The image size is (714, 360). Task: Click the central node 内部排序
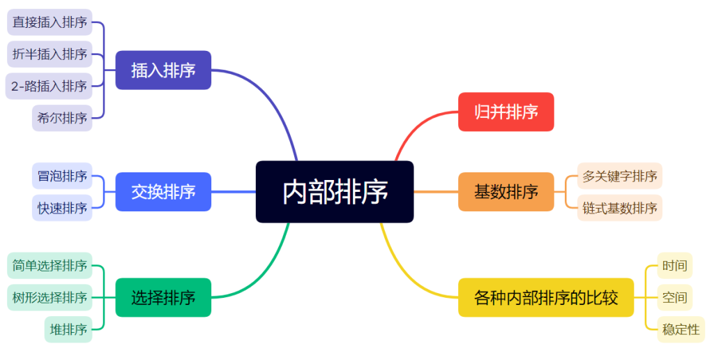(335, 192)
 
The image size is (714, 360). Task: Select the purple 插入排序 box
(163, 70)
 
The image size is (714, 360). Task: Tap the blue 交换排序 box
(163, 192)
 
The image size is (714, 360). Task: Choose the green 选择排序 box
(163, 298)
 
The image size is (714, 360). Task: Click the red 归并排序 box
(506, 112)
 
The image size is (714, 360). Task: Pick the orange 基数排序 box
(506, 192)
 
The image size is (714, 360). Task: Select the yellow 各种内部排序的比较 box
(546, 298)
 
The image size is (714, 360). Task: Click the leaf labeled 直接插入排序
(50, 22)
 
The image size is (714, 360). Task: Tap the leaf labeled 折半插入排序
(50, 54)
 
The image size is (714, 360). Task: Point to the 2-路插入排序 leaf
(49, 86)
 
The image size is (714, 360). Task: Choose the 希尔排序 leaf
(62, 118)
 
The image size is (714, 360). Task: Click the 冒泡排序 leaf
(62, 176)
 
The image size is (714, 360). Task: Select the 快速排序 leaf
(62, 208)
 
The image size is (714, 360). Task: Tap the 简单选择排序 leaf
(50, 266)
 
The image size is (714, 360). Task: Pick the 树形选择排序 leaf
(50, 298)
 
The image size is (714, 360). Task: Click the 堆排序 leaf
(68, 329)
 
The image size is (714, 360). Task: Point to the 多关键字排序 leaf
(620, 176)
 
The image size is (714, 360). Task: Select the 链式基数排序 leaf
(620, 208)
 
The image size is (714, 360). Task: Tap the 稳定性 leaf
(681, 329)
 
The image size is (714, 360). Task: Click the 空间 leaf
(675, 298)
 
